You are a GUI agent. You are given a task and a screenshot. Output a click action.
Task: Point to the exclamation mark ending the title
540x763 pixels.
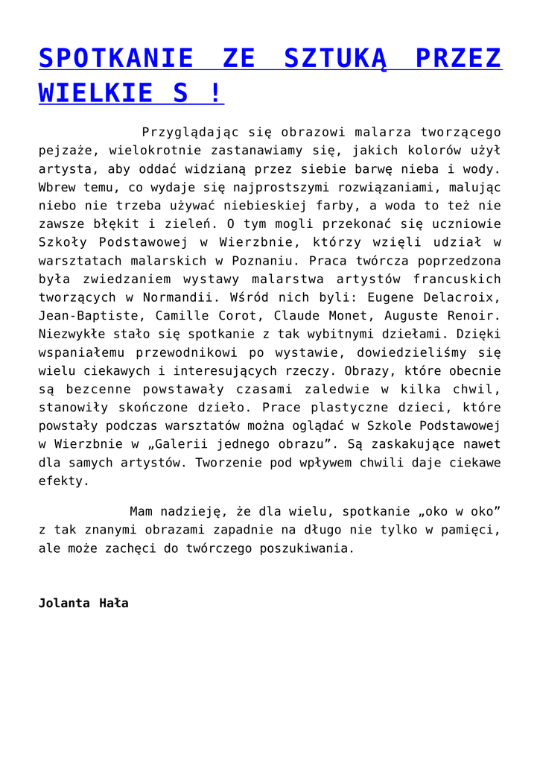[216, 94]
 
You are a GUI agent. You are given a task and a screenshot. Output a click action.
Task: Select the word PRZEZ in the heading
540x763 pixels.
[459, 59]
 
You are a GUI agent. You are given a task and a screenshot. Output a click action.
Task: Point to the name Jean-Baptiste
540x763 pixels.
[85, 316]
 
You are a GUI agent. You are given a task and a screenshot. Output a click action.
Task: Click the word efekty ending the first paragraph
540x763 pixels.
[63, 481]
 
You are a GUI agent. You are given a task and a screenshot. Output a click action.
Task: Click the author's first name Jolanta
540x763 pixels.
[64, 603]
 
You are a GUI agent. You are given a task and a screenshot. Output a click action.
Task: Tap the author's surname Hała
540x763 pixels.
[114, 603]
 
